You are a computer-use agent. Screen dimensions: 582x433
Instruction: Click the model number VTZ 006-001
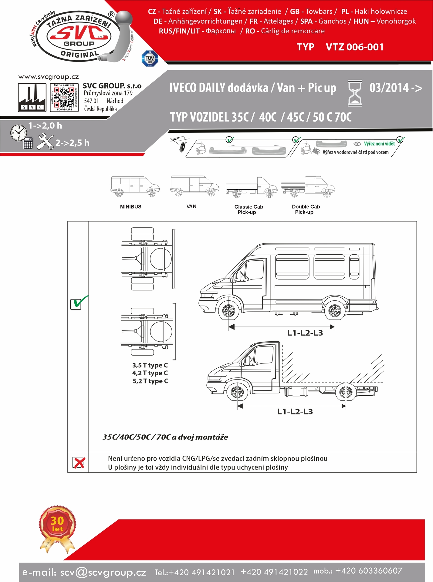coord(354,47)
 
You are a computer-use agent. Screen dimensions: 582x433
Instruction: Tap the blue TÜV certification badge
coord(150,59)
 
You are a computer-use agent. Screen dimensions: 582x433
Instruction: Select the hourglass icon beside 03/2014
coord(355,93)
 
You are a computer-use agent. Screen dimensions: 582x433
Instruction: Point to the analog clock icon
coord(18,132)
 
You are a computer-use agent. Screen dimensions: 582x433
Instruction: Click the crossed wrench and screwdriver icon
coord(45,141)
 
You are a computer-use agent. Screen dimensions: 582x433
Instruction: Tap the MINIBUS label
coord(130,207)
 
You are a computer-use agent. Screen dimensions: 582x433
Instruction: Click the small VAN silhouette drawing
coord(195,185)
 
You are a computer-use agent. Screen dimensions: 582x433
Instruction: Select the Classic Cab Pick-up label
coord(248,209)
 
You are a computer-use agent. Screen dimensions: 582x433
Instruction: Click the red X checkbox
coord(79,463)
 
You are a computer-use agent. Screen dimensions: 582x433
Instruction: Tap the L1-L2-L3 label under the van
coord(305,333)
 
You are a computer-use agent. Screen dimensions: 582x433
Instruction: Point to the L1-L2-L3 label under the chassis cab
coord(295,412)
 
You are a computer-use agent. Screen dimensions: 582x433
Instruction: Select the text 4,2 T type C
coord(150,373)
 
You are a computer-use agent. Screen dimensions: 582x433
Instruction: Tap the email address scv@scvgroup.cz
coord(103,572)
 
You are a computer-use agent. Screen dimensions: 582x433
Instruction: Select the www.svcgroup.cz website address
coord(49,77)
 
